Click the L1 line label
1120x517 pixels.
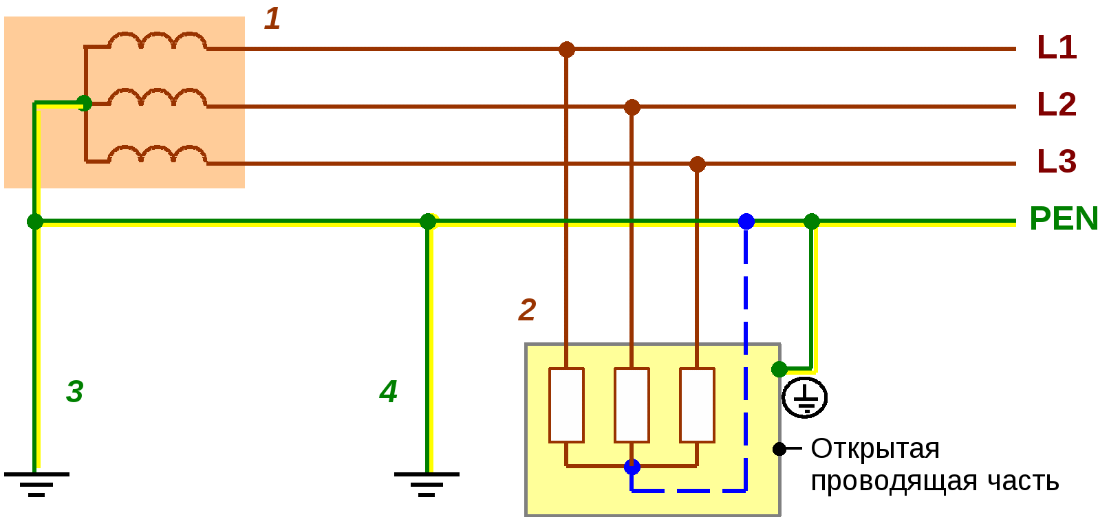[x=1057, y=47]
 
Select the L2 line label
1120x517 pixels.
[x=1057, y=104]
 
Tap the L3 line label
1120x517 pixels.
[x=1057, y=162]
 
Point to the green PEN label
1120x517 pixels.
[x=1064, y=219]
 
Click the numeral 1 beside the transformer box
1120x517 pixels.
[x=272, y=19]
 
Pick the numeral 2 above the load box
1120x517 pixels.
[x=527, y=310]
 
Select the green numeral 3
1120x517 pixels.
[x=74, y=392]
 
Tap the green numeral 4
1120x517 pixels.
[x=389, y=392]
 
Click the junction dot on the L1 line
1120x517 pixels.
[x=566, y=49]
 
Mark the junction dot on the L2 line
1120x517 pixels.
[x=632, y=107]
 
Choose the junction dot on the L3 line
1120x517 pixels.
[x=698, y=164]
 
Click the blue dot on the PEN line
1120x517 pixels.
[x=746, y=221]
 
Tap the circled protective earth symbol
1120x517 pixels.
[x=804, y=397]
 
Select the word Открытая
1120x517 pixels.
[x=875, y=449]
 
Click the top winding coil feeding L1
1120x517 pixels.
[x=158, y=41]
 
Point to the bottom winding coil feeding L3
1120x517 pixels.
[x=158, y=155]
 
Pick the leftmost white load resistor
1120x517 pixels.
[x=566, y=405]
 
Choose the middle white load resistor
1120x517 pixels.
[x=632, y=405]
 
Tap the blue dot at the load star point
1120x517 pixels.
[x=632, y=467]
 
